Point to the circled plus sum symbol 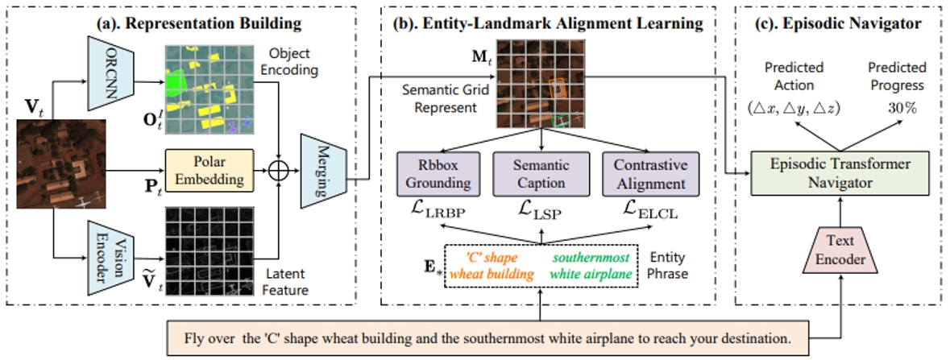(279, 171)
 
